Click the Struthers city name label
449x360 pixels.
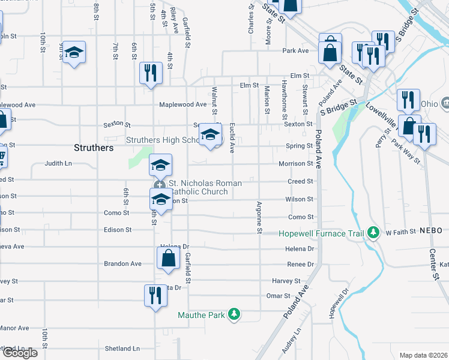pyautogui.click(x=93, y=147)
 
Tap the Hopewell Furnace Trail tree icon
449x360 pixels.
pyautogui.click(x=373, y=232)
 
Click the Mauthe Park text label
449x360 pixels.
pyautogui.click(x=200, y=314)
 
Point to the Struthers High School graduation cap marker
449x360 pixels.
pyautogui.click(x=210, y=135)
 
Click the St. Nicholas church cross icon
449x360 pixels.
pyautogui.click(x=160, y=185)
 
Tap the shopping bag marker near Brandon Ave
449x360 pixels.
pyautogui.click(x=169, y=258)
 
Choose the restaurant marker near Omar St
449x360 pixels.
pyautogui.click(x=155, y=295)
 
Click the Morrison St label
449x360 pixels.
pyautogui.click(x=295, y=164)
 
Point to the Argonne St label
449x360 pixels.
pyautogui.click(x=260, y=218)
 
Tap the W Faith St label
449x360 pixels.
pyautogui.click(x=400, y=232)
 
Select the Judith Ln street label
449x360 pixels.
pyautogui.click(x=58, y=163)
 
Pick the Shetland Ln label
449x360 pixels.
pyautogui.click(x=122, y=348)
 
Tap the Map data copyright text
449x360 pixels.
pyautogui.click(x=423, y=355)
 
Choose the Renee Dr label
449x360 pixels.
pyautogui.click(x=301, y=264)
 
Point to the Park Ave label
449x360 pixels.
pyautogui.click(x=295, y=50)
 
